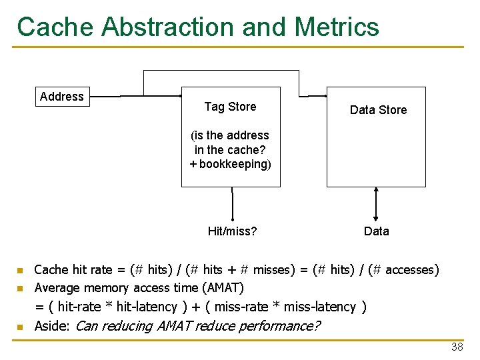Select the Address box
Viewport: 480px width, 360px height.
pyautogui.click(x=62, y=97)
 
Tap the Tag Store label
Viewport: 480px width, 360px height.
pyautogui.click(x=230, y=107)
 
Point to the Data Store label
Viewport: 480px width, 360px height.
pyautogui.click(x=378, y=110)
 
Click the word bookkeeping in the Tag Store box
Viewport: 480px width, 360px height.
pyautogui.click(x=233, y=164)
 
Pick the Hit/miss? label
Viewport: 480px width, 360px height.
pyautogui.click(x=233, y=231)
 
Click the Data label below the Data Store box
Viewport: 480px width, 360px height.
pyautogui.click(x=377, y=231)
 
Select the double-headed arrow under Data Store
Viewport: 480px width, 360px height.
pyautogui.click(x=377, y=203)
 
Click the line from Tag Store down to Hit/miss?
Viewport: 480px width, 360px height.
pyautogui.click(x=233, y=203)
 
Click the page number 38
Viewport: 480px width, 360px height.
pyautogui.click(x=457, y=347)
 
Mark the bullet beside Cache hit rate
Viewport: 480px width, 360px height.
pyautogui.click(x=20, y=271)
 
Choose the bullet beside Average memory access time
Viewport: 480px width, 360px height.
pyautogui.click(x=20, y=289)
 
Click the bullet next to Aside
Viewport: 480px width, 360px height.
pyautogui.click(x=20, y=327)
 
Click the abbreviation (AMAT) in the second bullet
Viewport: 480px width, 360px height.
pyautogui.click(x=222, y=288)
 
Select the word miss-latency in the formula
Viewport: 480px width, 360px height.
pyautogui.click(x=320, y=307)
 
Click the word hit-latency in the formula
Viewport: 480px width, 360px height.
pyautogui.click(x=145, y=307)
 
